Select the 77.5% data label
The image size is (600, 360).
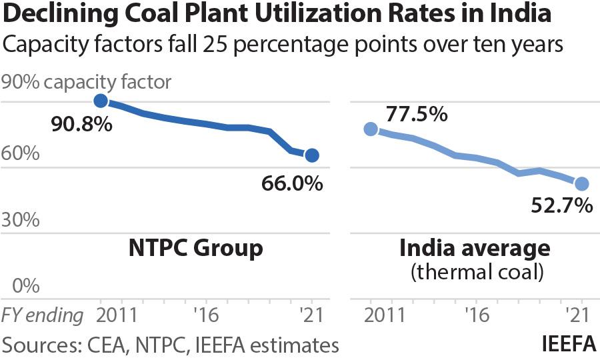[x=416, y=115]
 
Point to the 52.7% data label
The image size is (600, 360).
[x=562, y=205]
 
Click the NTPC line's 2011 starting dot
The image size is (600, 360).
[x=101, y=101]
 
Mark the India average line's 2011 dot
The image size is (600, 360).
[x=371, y=129]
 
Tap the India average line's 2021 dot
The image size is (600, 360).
[x=581, y=183]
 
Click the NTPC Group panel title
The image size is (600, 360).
[x=195, y=249]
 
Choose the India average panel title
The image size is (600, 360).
[x=475, y=249]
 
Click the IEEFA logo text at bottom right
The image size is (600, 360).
[x=568, y=345]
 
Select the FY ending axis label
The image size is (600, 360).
[x=43, y=315]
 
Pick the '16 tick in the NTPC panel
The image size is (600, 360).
[x=205, y=315]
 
